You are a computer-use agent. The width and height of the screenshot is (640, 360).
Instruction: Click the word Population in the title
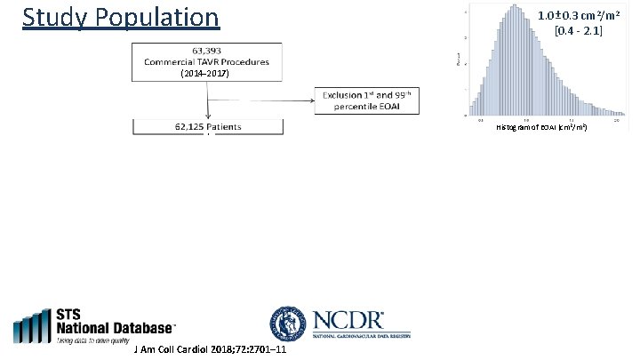point(156,17)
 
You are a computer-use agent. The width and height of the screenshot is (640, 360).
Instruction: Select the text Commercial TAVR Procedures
point(208,62)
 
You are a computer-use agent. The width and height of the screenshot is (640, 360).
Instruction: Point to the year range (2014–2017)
point(206,75)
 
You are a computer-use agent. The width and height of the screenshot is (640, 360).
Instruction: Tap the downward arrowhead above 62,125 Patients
point(208,116)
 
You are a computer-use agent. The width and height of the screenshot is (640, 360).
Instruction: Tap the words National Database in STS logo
point(116,327)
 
